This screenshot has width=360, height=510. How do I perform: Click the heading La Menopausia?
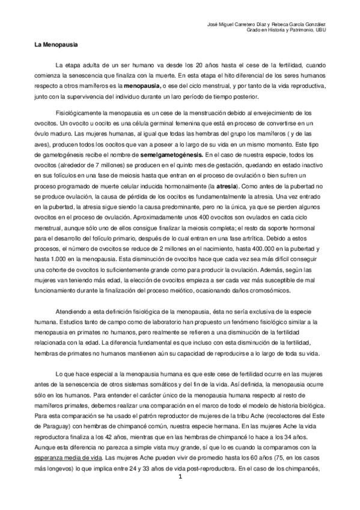pyautogui.click(x=52, y=45)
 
